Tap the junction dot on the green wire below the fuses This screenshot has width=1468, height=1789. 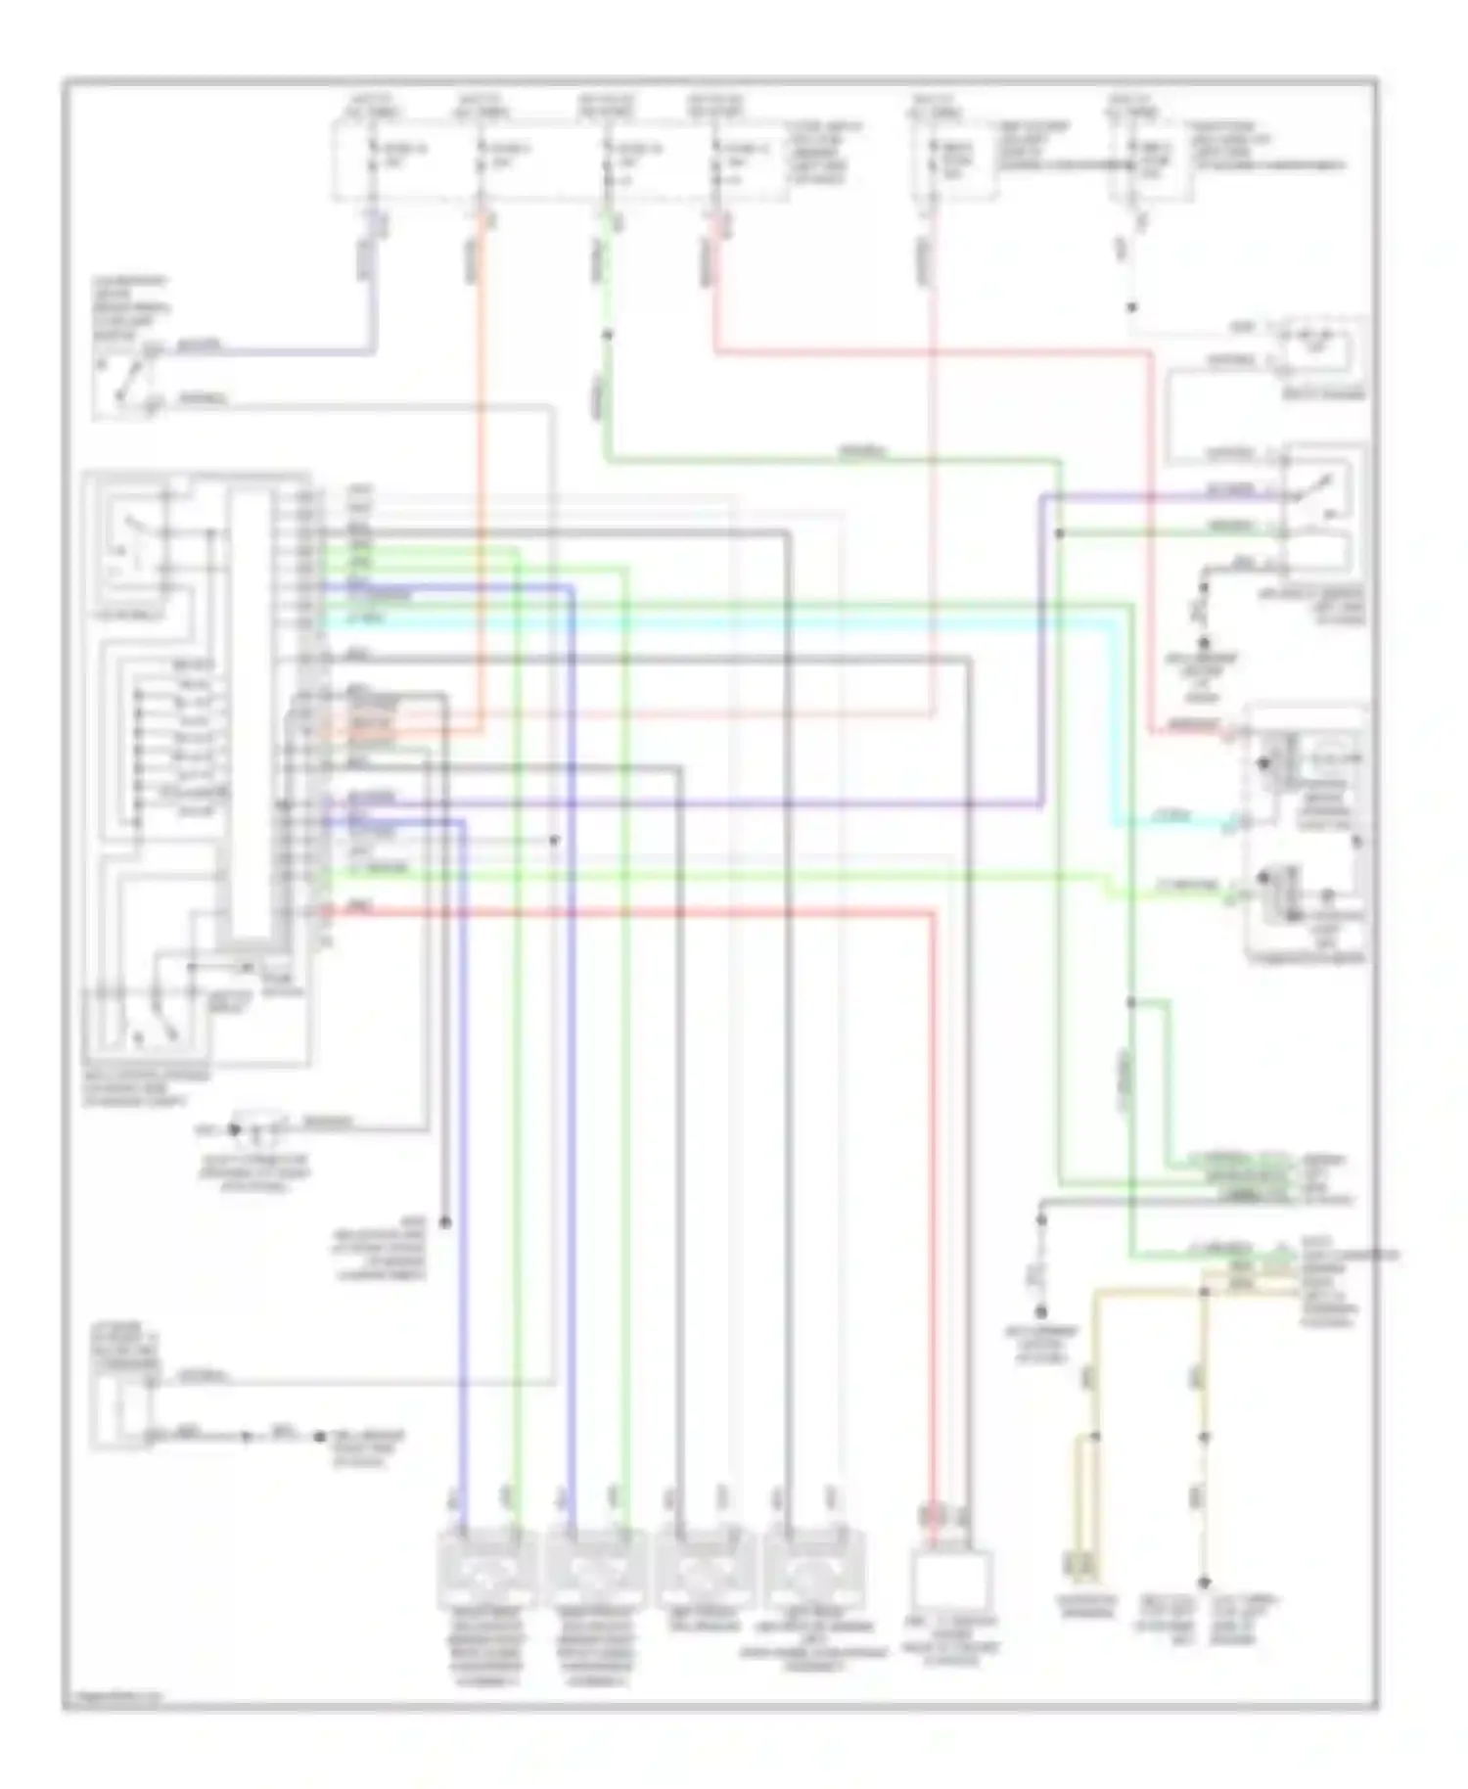point(607,336)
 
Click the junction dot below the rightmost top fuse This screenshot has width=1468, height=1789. point(1132,307)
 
